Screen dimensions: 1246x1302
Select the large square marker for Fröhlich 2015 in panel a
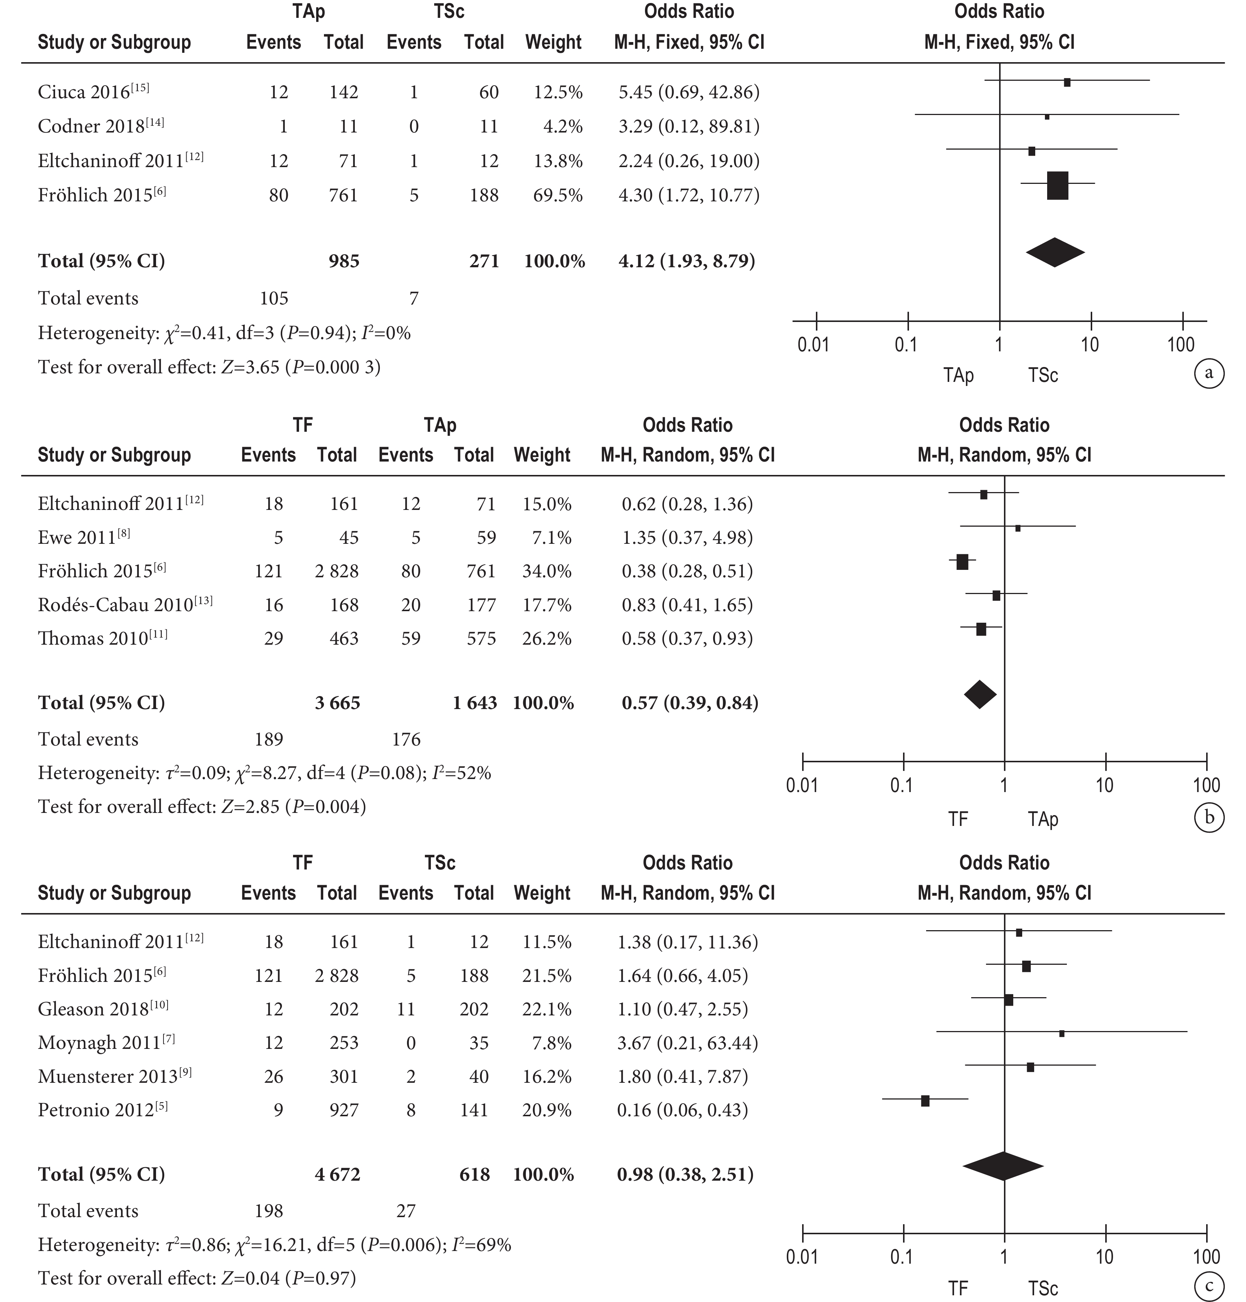[x=1057, y=185]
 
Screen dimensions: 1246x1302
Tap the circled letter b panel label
[x=1209, y=817]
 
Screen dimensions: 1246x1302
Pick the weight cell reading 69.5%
[x=558, y=195]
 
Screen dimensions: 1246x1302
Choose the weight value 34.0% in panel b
[x=547, y=571]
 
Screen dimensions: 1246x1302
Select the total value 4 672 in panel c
[x=337, y=1175]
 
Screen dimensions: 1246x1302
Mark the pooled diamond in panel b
[x=980, y=695]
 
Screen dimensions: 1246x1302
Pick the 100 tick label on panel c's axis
[x=1206, y=1257]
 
